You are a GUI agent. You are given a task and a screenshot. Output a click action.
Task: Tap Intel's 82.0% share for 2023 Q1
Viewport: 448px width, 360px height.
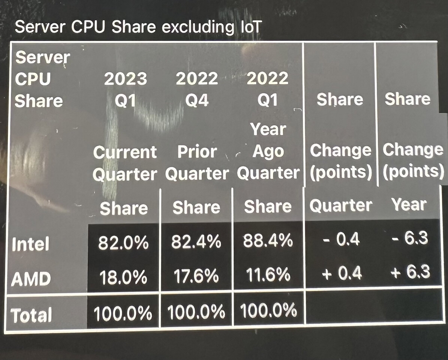tap(123, 243)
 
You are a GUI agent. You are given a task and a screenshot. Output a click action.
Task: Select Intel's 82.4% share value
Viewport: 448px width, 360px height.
tap(196, 243)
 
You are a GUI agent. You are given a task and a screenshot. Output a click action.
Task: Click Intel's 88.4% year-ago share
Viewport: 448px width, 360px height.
tap(268, 241)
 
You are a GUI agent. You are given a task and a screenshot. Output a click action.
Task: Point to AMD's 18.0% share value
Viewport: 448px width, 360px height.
tap(123, 278)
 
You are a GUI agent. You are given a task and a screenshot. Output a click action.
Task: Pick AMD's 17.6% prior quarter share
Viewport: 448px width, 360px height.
tap(196, 277)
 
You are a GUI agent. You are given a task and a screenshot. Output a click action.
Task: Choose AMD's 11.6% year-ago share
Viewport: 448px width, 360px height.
tap(268, 275)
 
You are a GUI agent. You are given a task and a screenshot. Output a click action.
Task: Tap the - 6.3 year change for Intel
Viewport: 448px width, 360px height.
tap(409, 238)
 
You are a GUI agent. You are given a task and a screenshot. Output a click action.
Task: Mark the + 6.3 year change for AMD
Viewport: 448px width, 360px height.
tap(409, 272)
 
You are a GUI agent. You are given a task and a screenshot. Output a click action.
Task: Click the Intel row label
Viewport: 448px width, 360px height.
tap(30, 244)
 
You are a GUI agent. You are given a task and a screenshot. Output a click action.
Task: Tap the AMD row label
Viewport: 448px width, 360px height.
tap(31, 279)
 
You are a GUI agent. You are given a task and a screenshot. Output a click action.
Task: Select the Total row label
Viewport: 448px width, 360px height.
tap(31, 315)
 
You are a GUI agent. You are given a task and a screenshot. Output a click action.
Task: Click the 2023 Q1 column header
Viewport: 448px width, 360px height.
tap(126, 90)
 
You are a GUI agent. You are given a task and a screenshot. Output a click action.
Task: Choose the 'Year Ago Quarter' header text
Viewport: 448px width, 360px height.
tap(268, 151)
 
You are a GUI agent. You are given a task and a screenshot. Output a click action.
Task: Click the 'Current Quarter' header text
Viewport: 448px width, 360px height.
tap(125, 163)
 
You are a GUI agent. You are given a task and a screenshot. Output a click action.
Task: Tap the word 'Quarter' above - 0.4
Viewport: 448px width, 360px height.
tap(341, 205)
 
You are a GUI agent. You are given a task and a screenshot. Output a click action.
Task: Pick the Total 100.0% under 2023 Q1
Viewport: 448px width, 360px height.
tap(123, 313)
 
